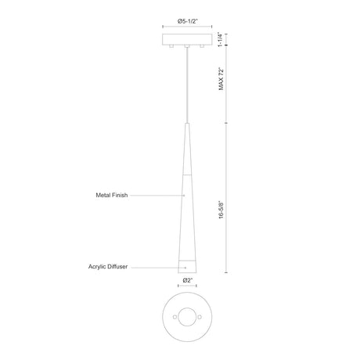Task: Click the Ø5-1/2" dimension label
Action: click(x=187, y=21)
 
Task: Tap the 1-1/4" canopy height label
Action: click(x=221, y=39)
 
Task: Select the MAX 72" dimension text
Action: click(x=221, y=79)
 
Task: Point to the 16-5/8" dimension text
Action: click(x=221, y=210)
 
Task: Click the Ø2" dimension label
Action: click(x=187, y=280)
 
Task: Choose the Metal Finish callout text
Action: click(x=112, y=195)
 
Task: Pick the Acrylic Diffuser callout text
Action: click(x=108, y=267)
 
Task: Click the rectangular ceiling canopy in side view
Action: click(x=187, y=39)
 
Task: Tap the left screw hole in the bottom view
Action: click(x=175, y=317)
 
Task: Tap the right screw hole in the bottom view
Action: click(x=200, y=317)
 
